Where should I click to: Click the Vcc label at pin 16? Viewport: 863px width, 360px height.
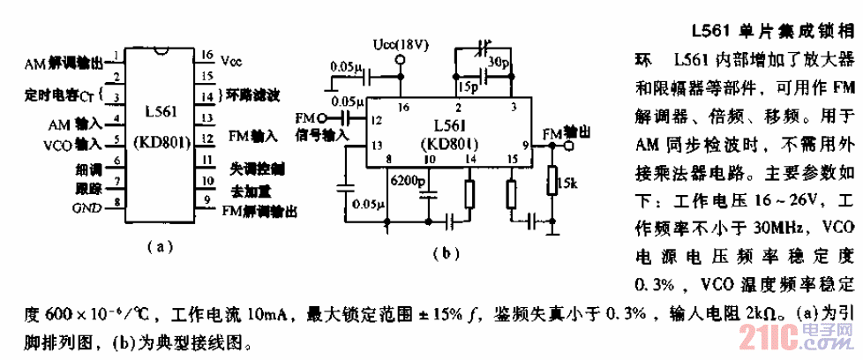pyautogui.click(x=231, y=60)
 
